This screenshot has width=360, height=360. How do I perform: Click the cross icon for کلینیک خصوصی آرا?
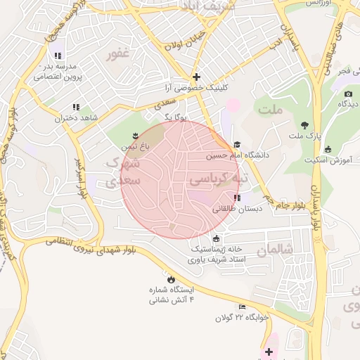(197, 77)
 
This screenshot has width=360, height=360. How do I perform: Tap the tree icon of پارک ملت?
(304, 124)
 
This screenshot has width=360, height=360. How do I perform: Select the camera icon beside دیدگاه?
(348, 94)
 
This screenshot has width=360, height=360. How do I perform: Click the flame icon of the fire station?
(169, 278)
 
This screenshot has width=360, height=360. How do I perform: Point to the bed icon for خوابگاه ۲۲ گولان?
(243, 307)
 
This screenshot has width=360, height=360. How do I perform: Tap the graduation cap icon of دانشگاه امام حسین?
(236, 144)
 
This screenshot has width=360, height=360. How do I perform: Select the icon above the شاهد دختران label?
(76, 107)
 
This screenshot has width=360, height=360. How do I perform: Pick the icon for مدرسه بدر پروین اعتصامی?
(58, 56)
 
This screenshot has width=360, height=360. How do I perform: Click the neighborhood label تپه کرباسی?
(219, 179)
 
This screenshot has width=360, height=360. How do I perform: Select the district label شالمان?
(274, 250)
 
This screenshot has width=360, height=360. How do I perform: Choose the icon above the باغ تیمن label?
(135, 135)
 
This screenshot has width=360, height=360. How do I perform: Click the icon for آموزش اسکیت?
(328, 148)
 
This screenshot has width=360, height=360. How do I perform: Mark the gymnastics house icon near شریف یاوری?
(215, 238)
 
